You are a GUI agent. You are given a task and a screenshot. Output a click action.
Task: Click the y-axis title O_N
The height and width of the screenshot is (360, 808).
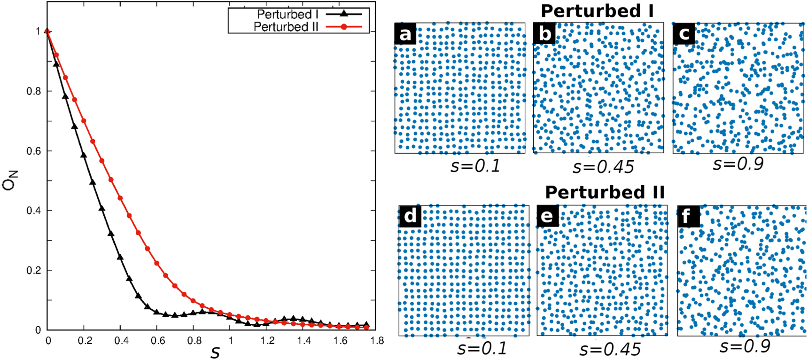10,180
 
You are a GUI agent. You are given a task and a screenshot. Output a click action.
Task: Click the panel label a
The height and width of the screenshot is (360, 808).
405,34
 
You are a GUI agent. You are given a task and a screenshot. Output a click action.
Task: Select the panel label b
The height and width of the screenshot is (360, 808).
544,34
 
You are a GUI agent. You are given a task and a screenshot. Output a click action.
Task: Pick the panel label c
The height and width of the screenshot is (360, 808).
684,34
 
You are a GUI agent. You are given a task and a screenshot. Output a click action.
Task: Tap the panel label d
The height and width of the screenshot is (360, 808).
410,216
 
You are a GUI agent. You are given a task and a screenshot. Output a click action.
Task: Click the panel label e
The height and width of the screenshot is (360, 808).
547,216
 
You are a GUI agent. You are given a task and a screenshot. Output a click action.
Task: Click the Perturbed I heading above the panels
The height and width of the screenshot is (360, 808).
597,10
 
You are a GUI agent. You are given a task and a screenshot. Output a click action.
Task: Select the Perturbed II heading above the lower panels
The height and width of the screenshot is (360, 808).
605,192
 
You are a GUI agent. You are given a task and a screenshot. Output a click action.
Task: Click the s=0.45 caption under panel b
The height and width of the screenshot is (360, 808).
603,166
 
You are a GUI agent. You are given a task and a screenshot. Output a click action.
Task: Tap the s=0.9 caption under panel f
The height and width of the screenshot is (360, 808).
745,346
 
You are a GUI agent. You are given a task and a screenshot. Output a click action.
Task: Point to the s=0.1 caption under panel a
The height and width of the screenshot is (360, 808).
475,165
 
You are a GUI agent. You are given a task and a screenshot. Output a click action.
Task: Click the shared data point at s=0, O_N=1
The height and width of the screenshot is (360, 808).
47,31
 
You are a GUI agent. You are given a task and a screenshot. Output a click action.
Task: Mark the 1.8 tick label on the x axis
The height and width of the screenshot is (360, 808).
377,341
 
